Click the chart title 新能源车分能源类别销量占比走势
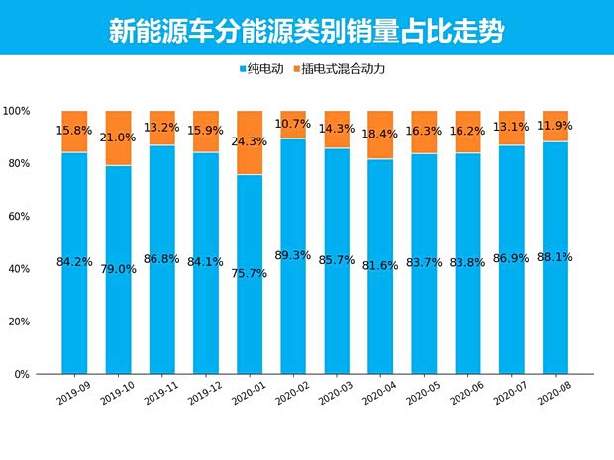[x=306, y=30]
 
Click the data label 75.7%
[x=250, y=274]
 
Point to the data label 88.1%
[x=556, y=257]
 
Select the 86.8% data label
[x=161, y=259]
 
